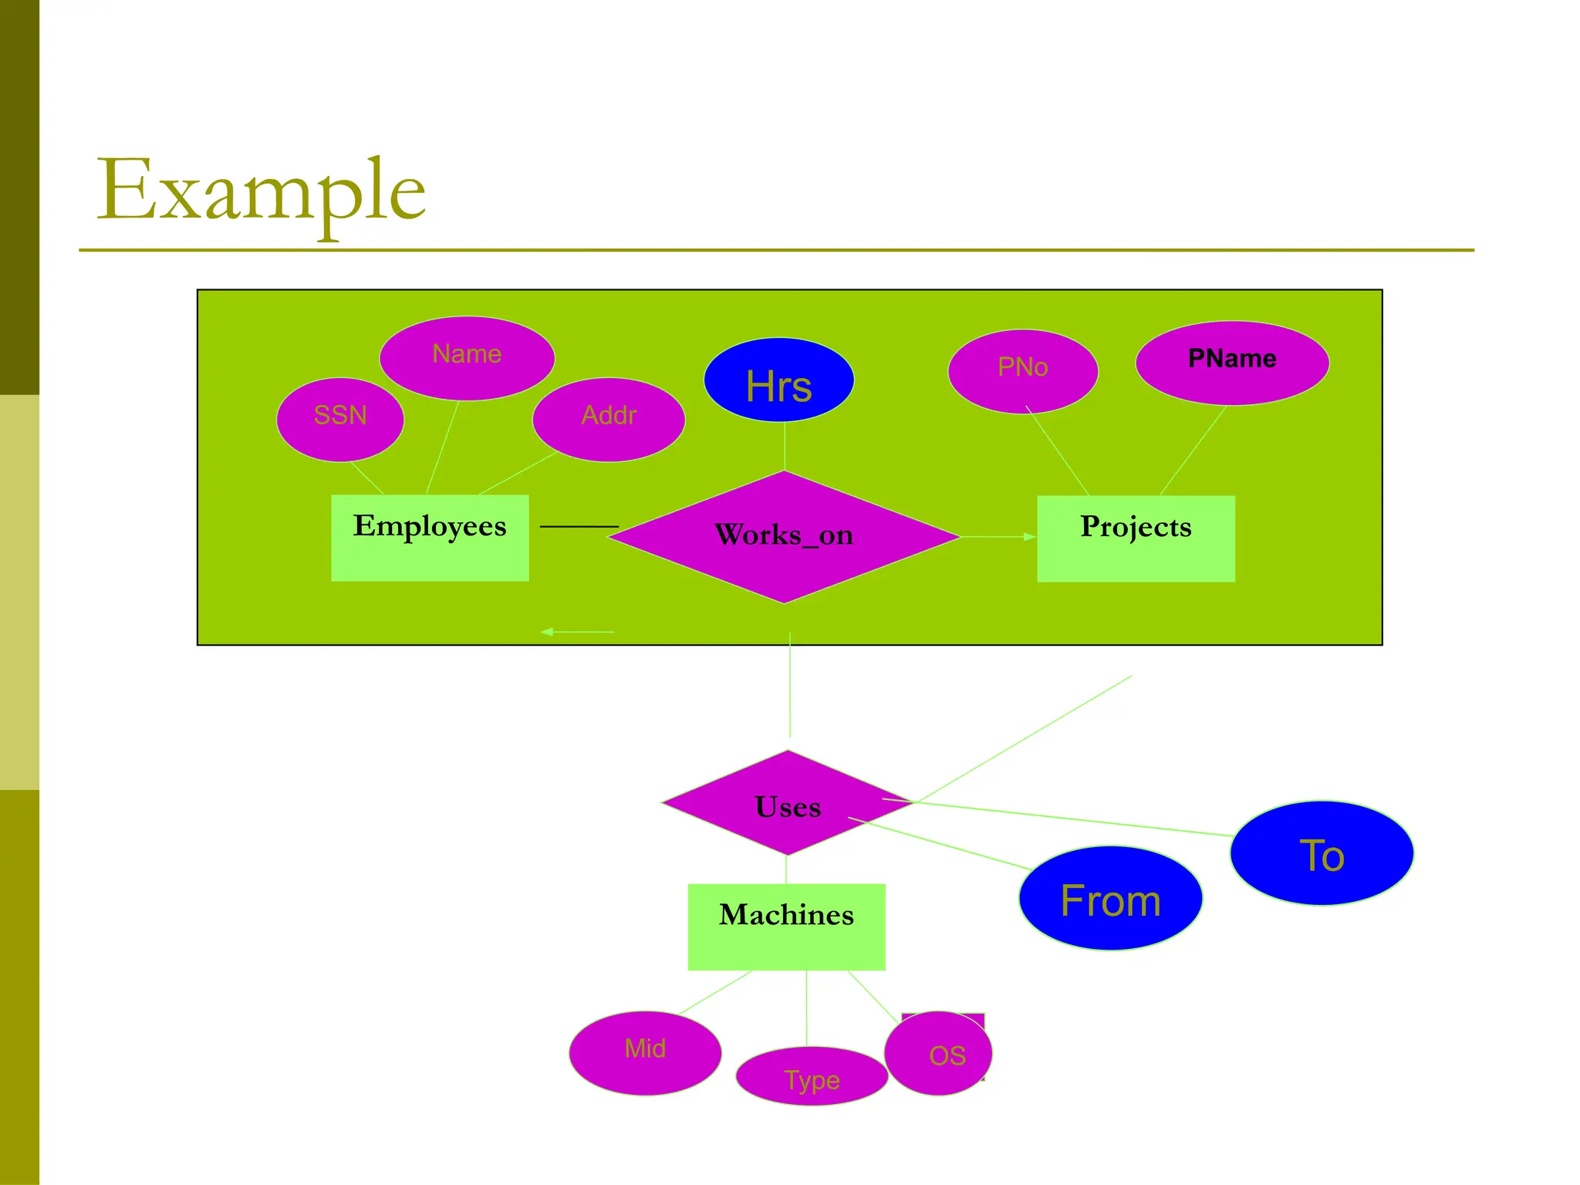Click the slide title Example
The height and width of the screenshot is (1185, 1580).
[261, 191]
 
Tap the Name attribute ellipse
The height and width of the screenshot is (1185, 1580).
[467, 357]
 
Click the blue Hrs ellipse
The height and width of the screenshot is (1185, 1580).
[778, 380]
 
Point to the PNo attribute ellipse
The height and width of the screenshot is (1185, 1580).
[1022, 370]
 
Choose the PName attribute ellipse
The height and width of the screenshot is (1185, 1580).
[1232, 363]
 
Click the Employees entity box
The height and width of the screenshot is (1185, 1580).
[430, 538]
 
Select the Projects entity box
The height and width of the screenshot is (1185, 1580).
[1136, 538]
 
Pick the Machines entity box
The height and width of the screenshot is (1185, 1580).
[786, 927]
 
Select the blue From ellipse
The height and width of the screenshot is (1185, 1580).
[1110, 898]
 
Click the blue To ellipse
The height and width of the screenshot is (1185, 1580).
[1322, 853]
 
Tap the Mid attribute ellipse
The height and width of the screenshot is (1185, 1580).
[645, 1052]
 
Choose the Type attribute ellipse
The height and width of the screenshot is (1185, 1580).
[812, 1076]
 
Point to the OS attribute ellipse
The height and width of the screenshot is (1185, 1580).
[940, 1054]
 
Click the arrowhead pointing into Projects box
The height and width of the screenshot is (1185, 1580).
[1030, 536]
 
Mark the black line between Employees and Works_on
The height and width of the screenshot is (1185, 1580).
[579, 526]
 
